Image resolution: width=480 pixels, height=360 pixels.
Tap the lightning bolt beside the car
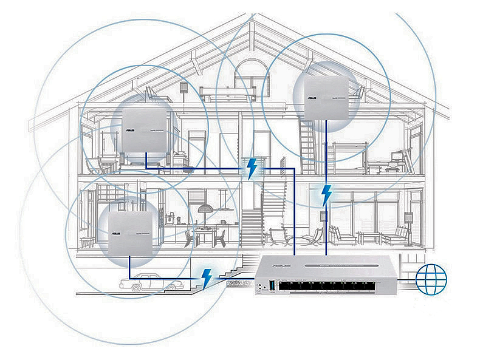(x=207, y=277)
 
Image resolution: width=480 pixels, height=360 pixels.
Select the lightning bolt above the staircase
(x=250, y=168)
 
